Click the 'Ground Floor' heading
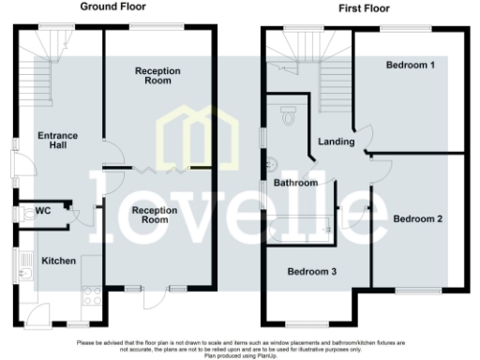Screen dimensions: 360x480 pyautogui.click(x=110, y=7)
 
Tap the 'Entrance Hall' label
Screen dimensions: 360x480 pyautogui.click(x=57, y=141)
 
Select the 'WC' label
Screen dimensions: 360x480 pyautogui.click(x=43, y=212)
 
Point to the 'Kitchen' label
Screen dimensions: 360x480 pyautogui.click(x=58, y=260)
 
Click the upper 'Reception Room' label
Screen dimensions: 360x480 pyautogui.click(x=157, y=76)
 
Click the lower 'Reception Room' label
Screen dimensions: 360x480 pyautogui.click(x=155, y=215)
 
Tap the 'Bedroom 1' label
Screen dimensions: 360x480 pyautogui.click(x=411, y=65)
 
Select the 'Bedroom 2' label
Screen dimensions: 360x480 pyautogui.click(x=418, y=218)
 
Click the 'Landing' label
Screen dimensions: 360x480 pyautogui.click(x=337, y=142)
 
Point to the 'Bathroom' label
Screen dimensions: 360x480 pyautogui.click(x=295, y=183)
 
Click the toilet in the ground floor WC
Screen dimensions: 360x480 pyautogui.click(x=24, y=213)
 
